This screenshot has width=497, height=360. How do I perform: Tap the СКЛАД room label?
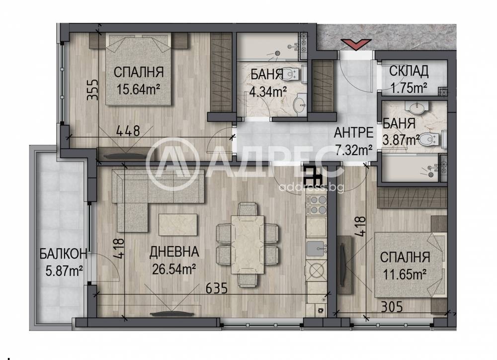coord(409,72)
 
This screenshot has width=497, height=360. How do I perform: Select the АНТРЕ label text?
coord(353,132)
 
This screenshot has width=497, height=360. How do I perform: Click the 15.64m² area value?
coord(138,89)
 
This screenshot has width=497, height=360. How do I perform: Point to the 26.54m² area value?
coord(173,270)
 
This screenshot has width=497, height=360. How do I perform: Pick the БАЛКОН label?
coord(64,254)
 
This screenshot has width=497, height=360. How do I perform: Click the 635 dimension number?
coord(217,288)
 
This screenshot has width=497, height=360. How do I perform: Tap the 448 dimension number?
coord(128,130)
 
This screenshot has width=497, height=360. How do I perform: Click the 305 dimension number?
coord(392,307)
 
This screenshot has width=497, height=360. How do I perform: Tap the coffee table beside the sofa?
coord(178,225)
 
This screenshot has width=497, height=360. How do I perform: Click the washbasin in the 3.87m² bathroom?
coord(417,108)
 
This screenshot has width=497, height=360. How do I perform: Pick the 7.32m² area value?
coord(353,149)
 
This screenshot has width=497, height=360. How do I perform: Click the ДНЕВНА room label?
coord(174,252)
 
